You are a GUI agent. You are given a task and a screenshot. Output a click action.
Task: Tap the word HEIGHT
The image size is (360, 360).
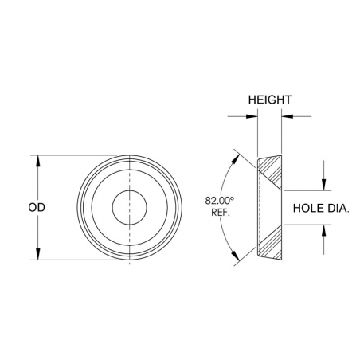pos(269,100)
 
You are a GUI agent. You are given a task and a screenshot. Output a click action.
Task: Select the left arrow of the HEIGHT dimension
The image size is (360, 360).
pos(252,116)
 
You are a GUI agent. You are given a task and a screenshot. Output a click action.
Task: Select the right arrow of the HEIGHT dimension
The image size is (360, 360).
pos(287,116)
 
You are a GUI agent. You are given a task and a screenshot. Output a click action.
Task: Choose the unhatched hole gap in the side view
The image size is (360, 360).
pos(271,207)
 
